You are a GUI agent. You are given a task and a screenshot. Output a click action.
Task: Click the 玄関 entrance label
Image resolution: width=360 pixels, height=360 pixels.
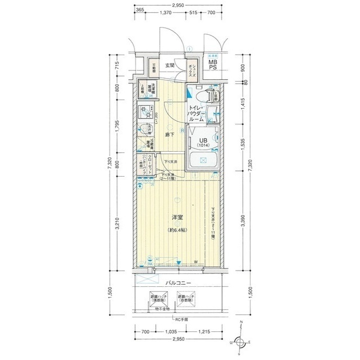coord(170,66)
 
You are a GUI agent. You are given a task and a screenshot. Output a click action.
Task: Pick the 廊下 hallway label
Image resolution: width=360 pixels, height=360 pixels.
coord(170,135)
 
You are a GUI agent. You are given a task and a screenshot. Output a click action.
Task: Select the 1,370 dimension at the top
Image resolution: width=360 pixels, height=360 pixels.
coord(165,12)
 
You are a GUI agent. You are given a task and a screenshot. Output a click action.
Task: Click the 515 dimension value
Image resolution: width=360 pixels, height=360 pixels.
coord(192,12)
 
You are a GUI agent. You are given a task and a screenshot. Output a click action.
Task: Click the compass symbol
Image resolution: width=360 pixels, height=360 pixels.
coord(239,341)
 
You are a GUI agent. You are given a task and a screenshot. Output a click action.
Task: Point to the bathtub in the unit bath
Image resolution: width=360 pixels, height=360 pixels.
coord(202,160)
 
